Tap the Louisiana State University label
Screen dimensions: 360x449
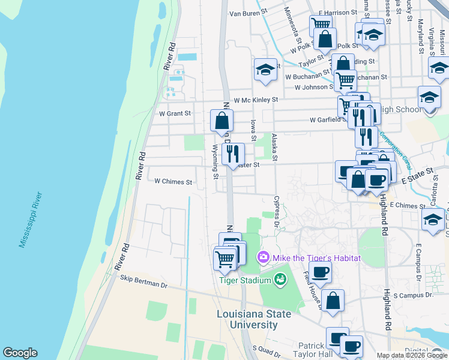(x=255, y=319)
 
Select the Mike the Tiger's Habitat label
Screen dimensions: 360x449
(x=316, y=258)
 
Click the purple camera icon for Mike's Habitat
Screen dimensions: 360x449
(x=262, y=258)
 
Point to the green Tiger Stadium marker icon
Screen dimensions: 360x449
(x=280, y=278)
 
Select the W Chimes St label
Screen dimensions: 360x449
(x=173, y=181)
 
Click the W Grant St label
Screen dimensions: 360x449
(x=175, y=113)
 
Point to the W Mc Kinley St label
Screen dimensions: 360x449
(x=256, y=100)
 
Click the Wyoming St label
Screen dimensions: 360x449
(x=215, y=161)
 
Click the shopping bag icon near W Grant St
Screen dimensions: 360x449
(x=221, y=121)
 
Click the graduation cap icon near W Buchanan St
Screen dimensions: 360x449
(x=265, y=70)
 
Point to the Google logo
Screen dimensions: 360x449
(x=20, y=353)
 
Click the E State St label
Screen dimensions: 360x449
(x=417, y=172)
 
